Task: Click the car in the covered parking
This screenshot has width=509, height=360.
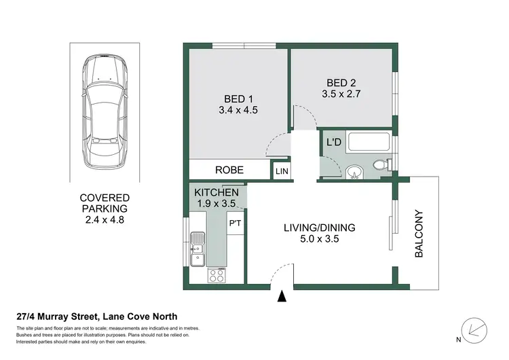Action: point(106,114)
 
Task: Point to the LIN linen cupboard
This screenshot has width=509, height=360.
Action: point(281,171)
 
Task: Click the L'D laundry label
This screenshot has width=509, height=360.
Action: point(333,143)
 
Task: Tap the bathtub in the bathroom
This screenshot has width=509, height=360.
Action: point(368,144)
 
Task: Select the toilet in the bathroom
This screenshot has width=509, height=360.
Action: point(381,165)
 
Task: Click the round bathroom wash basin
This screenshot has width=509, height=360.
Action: point(352,171)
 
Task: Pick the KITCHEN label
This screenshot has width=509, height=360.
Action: point(216,192)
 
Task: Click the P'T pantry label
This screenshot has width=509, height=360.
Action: point(235,223)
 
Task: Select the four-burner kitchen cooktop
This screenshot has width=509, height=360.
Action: point(217,275)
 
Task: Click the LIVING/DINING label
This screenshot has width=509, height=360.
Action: point(320,228)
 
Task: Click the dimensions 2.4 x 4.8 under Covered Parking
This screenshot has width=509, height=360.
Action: point(106,220)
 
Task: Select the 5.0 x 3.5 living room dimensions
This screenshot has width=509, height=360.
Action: point(320,239)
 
